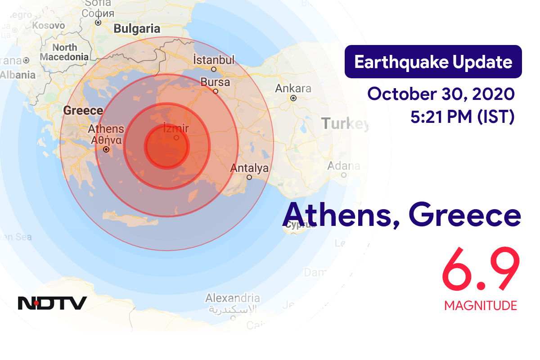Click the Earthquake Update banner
pos(433,62)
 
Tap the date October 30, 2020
pos(441,94)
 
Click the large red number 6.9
pos(480,271)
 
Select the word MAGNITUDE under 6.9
pos(480,306)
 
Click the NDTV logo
pos(52,303)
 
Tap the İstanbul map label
pos(214,60)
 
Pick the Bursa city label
pos(215,82)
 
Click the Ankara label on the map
pos(293,88)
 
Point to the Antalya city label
pos(249,168)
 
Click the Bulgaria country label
pos(137,29)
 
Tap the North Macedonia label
pos(64,52)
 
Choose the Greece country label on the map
pos(83,110)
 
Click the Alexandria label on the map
pos(233,298)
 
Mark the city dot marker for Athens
pos(107,149)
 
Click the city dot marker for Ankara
pos(293,98)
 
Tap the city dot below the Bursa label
pos(216,91)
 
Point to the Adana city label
pos(343,166)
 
